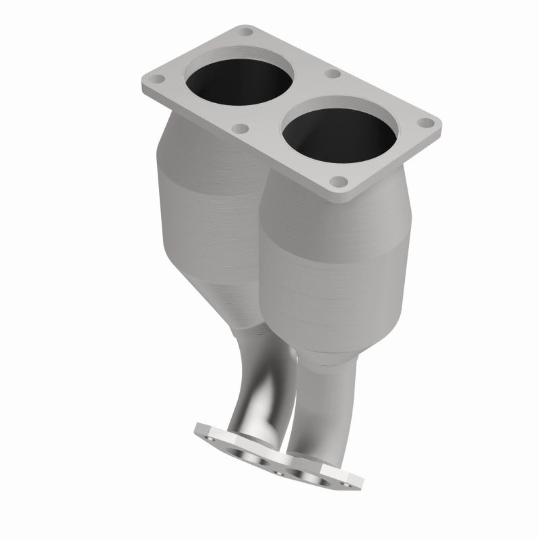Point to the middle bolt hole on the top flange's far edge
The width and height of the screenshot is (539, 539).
click(x=330, y=73)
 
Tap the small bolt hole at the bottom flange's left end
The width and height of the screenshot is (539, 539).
click(x=210, y=438)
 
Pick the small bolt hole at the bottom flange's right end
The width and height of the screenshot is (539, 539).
click(x=346, y=484)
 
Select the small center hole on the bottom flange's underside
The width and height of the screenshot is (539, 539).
click(x=279, y=473)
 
